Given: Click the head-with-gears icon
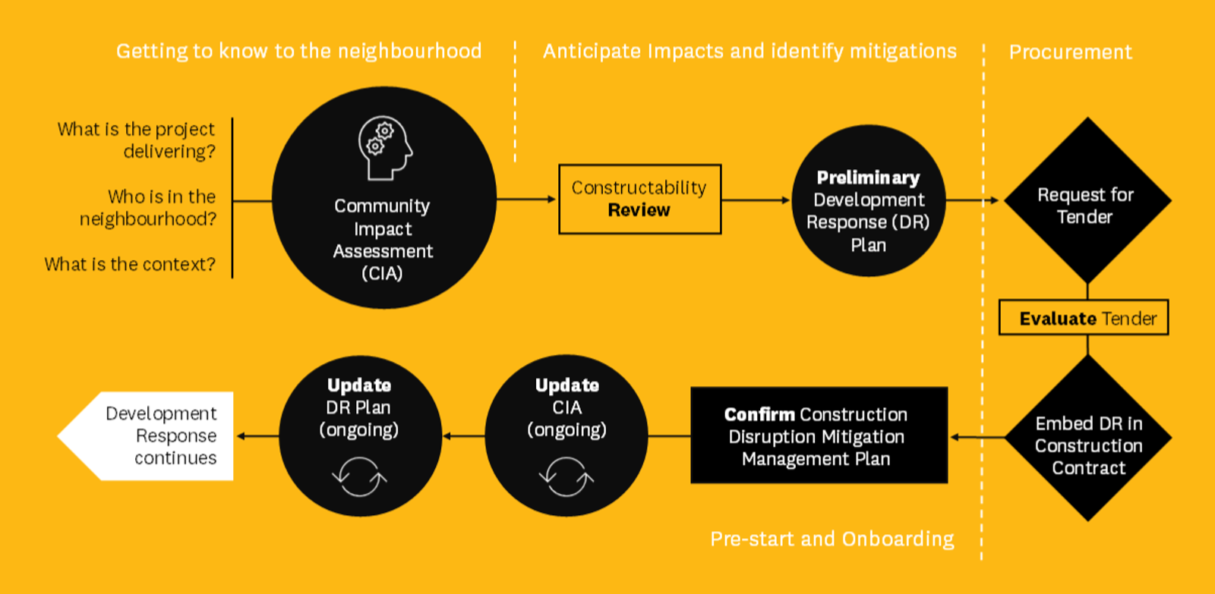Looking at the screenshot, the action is [x=385, y=147].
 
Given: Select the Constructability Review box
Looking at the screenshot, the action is [x=640, y=199].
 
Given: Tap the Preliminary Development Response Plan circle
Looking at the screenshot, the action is [x=869, y=200].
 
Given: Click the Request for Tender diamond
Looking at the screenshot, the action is [x=1087, y=200].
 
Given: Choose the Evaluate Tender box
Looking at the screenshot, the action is [x=1084, y=318].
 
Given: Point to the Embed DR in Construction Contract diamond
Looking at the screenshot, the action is [x=1088, y=438].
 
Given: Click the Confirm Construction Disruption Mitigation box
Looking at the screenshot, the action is [x=819, y=435].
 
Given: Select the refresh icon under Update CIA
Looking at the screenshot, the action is [x=566, y=476].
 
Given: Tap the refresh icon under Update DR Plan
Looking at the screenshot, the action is [x=359, y=476].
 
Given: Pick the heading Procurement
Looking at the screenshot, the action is [x=1070, y=52].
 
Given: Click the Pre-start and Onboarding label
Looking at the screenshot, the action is [x=832, y=539].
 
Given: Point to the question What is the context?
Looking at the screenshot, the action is [x=130, y=265].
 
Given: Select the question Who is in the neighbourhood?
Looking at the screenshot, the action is [x=147, y=208].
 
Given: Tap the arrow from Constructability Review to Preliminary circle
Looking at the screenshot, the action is [x=756, y=200].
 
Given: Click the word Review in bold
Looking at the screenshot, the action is [x=639, y=210].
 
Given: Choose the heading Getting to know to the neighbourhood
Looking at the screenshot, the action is [x=299, y=52].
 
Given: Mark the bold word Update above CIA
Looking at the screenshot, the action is [x=566, y=385].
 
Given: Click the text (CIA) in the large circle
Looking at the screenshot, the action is [x=383, y=273].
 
